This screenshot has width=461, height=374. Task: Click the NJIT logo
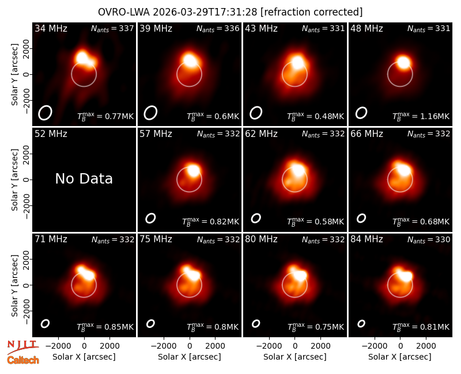pos(23,347)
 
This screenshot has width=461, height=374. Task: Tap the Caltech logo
pos(23,360)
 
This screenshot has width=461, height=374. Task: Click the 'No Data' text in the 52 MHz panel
pos(84,178)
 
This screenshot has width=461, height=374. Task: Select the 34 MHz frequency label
pos(51,28)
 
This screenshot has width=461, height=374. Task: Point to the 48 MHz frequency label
pos(366,28)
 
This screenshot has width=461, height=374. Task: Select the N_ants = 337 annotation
pos(112,28)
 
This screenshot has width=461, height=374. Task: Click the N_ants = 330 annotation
pos(429,239)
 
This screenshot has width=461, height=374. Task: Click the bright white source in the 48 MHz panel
pos(403,62)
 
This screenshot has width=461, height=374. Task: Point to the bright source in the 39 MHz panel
pos(190,60)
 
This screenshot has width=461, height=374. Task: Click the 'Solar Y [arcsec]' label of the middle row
pos(14,180)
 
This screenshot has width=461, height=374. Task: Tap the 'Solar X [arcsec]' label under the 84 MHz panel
pos(400,357)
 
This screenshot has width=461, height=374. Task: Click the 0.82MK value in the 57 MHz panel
pos(224,222)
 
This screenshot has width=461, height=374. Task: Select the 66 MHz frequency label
pos(366,134)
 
